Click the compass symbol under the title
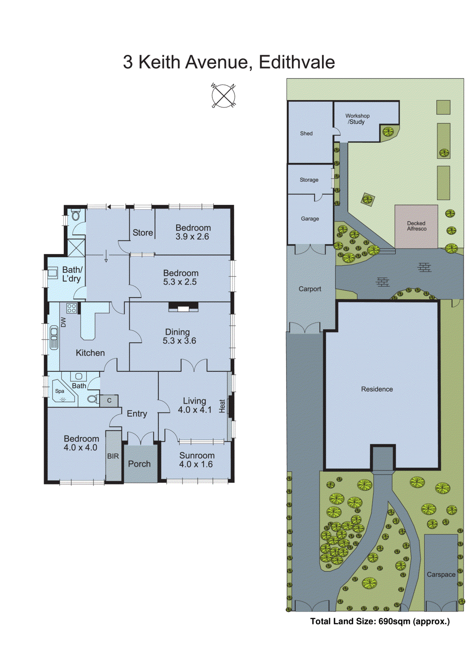[x=223, y=96]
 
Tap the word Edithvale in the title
[x=297, y=62]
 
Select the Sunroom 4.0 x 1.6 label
[x=197, y=460]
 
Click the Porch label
[x=139, y=464]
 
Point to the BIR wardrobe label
[x=113, y=456]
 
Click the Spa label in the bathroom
[x=60, y=391]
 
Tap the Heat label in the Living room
[x=222, y=406]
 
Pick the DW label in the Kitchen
[x=63, y=322]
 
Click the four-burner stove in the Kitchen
[x=72, y=309]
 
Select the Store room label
[x=143, y=233]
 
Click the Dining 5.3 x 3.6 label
[x=179, y=336]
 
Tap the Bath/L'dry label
[x=72, y=274]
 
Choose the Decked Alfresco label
[x=416, y=226]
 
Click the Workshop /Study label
[x=357, y=119]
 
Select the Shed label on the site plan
[x=306, y=133]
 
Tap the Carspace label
[x=441, y=574]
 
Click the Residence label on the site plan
[x=377, y=389]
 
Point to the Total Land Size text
[x=380, y=621]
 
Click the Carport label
[x=310, y=289]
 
